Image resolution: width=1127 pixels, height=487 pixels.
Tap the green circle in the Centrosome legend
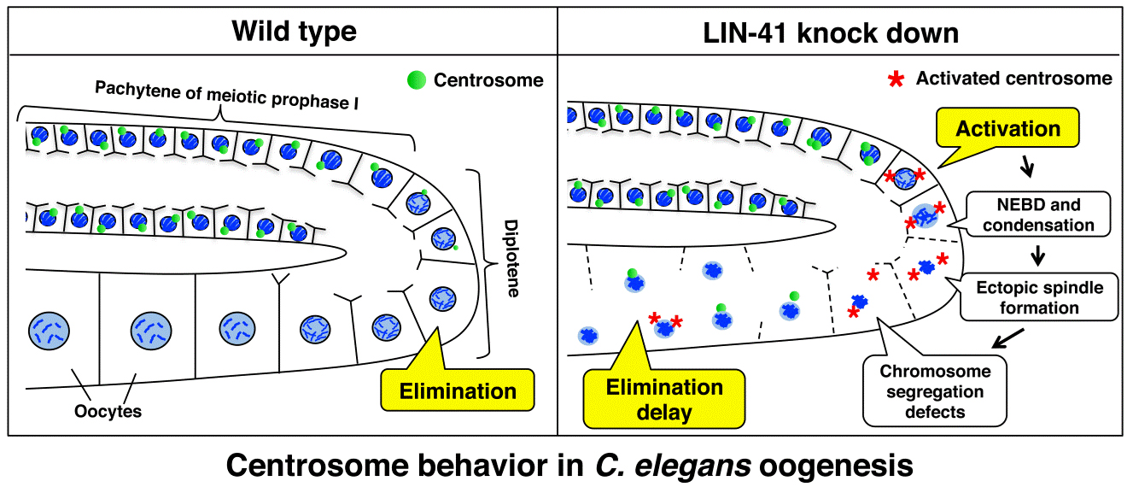coord(416,80)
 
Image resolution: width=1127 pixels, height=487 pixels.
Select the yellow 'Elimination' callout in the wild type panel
coord(459,391)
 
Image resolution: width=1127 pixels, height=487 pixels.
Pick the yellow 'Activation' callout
coord(1007,130)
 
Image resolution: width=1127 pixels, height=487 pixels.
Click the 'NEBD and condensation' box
coord(1038,215)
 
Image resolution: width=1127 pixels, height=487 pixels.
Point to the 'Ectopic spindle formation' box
coord(1039,297)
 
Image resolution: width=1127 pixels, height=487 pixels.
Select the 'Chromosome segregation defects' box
coord(935,392)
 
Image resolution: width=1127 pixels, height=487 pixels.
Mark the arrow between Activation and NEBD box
coord(1031,168)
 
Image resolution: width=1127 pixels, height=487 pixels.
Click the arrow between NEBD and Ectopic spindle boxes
coord(1039,255)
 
